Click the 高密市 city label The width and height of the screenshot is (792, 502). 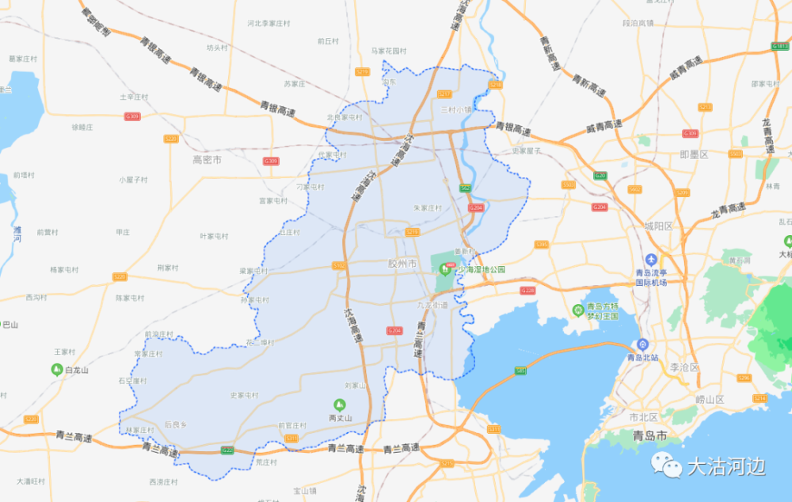click(207, 159)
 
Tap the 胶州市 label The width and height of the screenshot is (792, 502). click(402, 263)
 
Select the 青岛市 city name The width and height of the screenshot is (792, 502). click(649, 435)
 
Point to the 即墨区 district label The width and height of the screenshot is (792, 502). click(694, 154)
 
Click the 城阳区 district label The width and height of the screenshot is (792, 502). click(657, 226)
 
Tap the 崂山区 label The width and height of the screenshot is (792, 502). click(710, 399)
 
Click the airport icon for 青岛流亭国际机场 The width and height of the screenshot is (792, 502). click(651, 260)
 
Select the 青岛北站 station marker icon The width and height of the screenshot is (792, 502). click(643, 344)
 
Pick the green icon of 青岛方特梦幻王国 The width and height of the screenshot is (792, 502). click(579, 310)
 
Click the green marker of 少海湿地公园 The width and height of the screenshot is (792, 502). click(445, 269)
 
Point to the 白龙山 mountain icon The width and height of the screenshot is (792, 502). click(57, 369)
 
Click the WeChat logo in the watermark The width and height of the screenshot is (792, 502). click(668, 465)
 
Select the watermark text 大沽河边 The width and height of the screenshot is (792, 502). click(725, 466)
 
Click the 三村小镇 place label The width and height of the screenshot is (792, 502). click(456, 110)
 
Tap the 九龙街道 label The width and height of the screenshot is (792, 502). click(432, 305)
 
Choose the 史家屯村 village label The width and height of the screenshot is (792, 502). click(244, 395)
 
